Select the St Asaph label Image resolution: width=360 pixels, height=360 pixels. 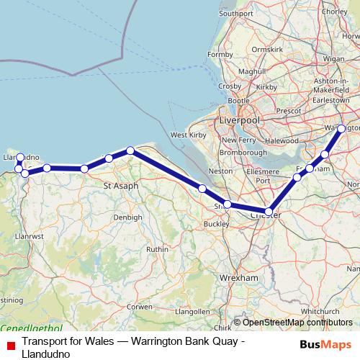[x=120, y=186]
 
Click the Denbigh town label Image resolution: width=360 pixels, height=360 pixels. [x=127, y=217]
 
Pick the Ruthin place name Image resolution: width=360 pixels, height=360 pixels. [x=157, y=249]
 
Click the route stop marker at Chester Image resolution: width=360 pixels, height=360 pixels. [x=269, y=212]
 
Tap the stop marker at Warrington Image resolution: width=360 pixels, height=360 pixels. [x=341, y=129]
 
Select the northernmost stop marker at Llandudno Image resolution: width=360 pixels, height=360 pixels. [x=20, y=157]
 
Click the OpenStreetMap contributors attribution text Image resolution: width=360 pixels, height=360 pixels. [x=292, y=323]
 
